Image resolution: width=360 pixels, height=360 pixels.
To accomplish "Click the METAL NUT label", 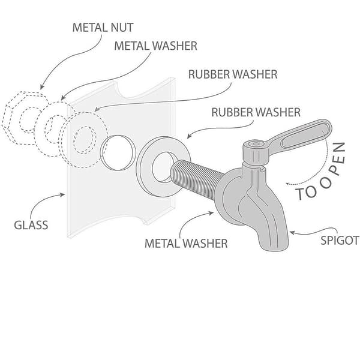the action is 103,28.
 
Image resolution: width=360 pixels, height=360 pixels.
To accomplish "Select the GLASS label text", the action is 31,225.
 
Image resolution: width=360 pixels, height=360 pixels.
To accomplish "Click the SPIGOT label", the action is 340,241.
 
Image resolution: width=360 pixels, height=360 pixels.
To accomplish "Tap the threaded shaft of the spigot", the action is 196,179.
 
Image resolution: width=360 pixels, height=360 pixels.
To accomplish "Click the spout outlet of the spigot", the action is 274,245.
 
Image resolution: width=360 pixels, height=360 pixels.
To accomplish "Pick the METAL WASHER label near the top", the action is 155,46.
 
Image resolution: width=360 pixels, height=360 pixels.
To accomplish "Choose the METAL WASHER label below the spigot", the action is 186,244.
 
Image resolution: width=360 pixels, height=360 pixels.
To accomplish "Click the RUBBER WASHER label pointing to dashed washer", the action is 233,74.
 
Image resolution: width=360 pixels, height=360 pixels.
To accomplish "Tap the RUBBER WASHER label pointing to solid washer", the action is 256,112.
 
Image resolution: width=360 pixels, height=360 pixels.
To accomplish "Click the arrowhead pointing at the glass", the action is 62,194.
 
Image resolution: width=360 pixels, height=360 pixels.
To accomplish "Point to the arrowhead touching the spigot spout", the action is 292,233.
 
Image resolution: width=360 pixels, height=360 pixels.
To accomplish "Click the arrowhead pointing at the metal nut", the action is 41,86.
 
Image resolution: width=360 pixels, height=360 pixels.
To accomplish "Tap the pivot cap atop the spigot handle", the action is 256,145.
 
